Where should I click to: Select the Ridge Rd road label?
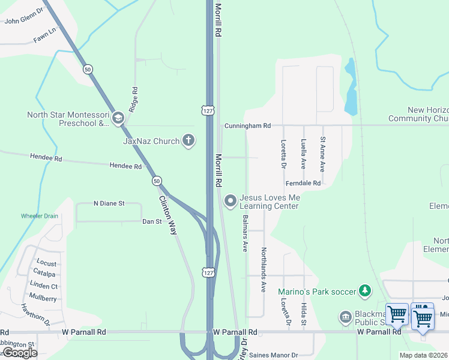pos(134,97)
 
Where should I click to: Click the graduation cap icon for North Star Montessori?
pos(118,118)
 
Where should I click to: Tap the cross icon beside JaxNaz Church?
pos(188,141)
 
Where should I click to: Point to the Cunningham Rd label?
pos(248,126)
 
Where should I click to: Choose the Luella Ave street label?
pos(304,154)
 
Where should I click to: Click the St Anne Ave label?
pos(323,154)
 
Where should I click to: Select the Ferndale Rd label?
pos(304,182)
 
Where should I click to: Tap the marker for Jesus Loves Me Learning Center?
pos(229,200)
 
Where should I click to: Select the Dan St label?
pos(152,221)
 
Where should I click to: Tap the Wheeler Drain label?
pos(40,215)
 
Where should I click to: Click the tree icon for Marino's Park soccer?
pos(364,292)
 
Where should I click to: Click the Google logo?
pos(20,353)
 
